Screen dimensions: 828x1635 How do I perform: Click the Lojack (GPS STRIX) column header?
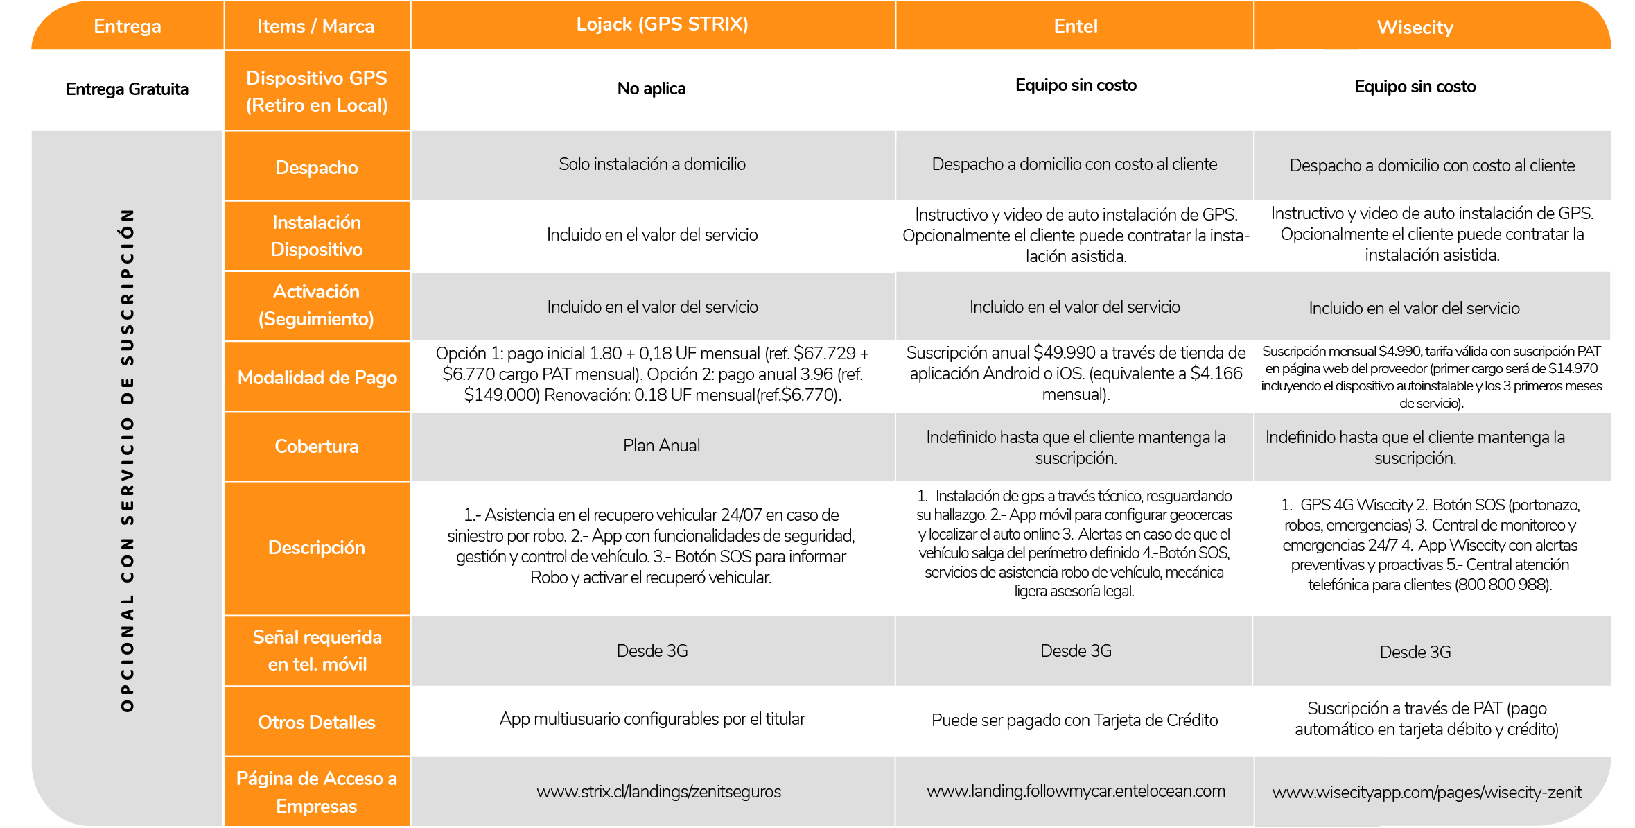coord(662,24)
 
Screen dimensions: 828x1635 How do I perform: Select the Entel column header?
coord(1075,26)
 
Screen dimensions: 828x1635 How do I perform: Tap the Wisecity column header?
coord(1415,28)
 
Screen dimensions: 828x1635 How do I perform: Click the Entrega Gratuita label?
coord(127,89)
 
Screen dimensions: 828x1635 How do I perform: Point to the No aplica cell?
coord(651,89)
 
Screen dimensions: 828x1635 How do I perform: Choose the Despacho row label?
coord(317,168)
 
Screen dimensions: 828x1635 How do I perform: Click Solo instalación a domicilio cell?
coord(652,164)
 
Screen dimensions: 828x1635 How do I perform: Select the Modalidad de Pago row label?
coord(317,378)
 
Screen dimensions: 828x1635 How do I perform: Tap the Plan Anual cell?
coord(661,446)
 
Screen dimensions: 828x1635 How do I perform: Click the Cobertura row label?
coord(317,447)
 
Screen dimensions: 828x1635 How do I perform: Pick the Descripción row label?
coord(317,548)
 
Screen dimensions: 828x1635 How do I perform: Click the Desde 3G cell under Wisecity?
coord(1415,653)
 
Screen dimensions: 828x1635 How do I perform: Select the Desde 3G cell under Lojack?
coord(652,651)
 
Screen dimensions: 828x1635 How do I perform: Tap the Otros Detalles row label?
coord(317,723)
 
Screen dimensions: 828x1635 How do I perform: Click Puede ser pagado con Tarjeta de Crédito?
coord(1074,721)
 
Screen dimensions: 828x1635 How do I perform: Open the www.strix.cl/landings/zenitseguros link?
coord(658,792)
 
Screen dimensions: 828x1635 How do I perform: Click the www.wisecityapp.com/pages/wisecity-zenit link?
coord(1426,793)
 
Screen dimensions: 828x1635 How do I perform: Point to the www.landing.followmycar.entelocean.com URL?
coord(1075,791)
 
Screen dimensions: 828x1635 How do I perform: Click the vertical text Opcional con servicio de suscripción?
coord(127,460)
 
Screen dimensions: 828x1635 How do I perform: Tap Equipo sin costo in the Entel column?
coord(1075,85)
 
